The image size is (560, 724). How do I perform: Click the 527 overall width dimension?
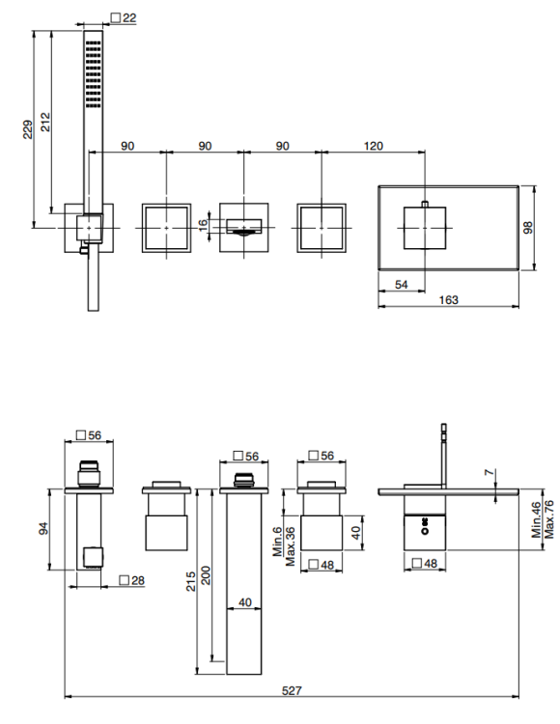tap(292, 691)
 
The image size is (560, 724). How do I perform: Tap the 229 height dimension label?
tap(28, 129)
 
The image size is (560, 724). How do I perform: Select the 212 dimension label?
tap(45, 122)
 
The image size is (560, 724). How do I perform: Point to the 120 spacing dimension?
tap(373, 146)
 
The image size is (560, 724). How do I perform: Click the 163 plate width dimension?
tap(448, 300)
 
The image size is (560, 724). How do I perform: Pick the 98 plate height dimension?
tap(528, 227)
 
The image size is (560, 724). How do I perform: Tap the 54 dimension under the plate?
tap(402, 285)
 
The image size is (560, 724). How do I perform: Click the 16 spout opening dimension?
tap(203, 225)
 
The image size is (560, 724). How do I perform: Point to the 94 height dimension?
tap(43, 528)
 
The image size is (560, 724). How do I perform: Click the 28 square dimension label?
tap(132, 580)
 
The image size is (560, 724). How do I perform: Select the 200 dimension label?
tap(206, 575)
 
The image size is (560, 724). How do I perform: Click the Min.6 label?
tap(277, 543)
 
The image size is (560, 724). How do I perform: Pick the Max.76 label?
tap(548, 519)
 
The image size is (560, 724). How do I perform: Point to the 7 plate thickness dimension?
tap(490, 472)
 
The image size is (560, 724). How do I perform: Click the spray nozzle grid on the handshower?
tap(94, 74)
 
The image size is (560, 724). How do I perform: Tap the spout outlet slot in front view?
tap(243, 226)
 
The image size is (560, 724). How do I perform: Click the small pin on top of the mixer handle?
tap(425, 204)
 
